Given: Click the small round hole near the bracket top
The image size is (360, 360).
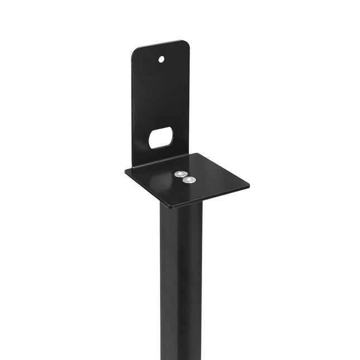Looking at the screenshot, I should [161, 59].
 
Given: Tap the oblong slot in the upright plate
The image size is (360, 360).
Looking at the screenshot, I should [160, 137].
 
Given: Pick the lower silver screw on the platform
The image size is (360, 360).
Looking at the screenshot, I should [190, 180].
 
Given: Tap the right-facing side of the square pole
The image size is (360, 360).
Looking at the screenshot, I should [190, 279].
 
